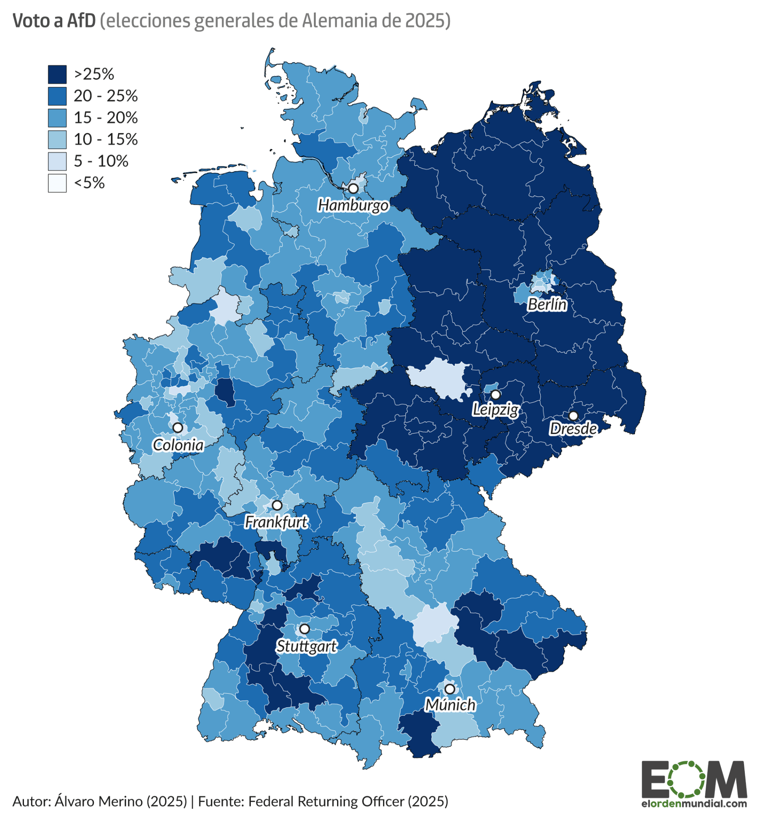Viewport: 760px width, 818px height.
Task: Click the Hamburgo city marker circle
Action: pos(353,189)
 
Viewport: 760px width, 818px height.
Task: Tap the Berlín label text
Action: pos(547,304)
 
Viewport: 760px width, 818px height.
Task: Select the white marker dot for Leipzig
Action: pos(496,394)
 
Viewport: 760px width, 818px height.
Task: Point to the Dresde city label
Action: pos(573,429)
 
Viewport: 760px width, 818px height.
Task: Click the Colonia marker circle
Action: pos(178,427)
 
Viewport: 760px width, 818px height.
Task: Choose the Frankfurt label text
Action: pos(276,522)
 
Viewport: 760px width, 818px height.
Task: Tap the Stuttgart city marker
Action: pos(304,629)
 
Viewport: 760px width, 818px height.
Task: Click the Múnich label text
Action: pos(450,705)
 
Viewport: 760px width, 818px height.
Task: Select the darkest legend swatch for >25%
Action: pos(57,74)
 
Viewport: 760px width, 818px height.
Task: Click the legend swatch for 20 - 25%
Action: pos(57,96)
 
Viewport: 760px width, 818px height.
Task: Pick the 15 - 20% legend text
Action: pos(105,118)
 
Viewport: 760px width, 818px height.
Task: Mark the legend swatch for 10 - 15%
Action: pos(57,139)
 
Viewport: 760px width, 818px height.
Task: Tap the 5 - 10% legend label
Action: pos(101,161)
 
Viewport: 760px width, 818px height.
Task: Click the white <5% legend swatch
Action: pos(57,183)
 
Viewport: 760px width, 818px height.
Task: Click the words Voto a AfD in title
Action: pos(54,21)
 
